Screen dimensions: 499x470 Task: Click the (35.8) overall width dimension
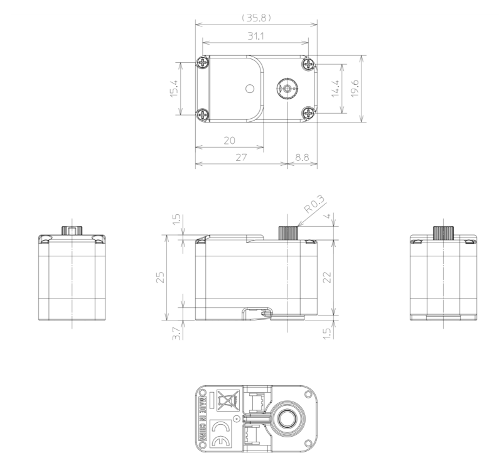(257, 18)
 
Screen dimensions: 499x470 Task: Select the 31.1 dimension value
(256, 36)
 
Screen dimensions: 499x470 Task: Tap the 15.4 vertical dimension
(174, 89)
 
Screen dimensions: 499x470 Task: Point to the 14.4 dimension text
(335, 89)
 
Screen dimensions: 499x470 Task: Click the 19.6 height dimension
(355, 88)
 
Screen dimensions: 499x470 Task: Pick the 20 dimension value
(230, 141)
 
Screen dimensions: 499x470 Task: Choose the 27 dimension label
(241, 158)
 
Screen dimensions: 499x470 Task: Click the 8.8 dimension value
(302, 158)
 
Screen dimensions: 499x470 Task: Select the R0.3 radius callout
(314, 204)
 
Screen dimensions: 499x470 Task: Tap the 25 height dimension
(161, 277)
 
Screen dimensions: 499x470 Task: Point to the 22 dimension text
(327, 277)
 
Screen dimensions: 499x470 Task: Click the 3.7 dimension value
(176, 333)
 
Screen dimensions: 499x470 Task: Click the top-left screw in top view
(203, 63)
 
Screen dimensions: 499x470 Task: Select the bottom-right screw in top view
(308, 113)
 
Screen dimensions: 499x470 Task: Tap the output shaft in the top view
(287, 88)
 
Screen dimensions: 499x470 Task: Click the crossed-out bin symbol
(228, 400)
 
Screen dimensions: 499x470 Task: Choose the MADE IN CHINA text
(202, 418)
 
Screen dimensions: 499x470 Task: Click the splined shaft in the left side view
(72, 230)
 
